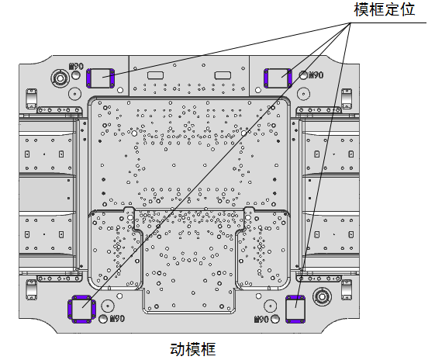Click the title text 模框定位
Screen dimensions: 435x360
click(385, 10)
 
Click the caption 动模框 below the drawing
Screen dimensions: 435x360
click(193, 349)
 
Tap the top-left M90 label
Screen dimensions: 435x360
click(76, 67)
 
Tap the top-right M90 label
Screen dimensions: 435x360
click(316, 75)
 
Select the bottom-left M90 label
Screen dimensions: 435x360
click(117, 318)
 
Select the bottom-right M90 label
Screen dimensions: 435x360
click(261, 319)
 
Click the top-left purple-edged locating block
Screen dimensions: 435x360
click(100, 78)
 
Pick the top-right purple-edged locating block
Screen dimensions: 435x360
click(278, 78)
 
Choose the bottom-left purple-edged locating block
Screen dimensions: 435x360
click(82, 309)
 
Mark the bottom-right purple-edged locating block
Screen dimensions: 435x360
click(295, 310)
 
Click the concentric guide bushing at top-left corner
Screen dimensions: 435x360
click(60, 78)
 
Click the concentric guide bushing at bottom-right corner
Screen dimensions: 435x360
click(322, 297)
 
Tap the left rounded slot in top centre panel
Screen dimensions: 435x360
click(155, 75)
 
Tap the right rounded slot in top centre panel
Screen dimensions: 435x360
click(223, 75)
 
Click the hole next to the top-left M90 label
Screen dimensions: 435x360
click(75, 75)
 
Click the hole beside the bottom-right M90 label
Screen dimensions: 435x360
click(275, 319)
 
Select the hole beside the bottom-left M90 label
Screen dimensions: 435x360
click(103, 319)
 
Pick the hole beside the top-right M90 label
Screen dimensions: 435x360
click(303, 75)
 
